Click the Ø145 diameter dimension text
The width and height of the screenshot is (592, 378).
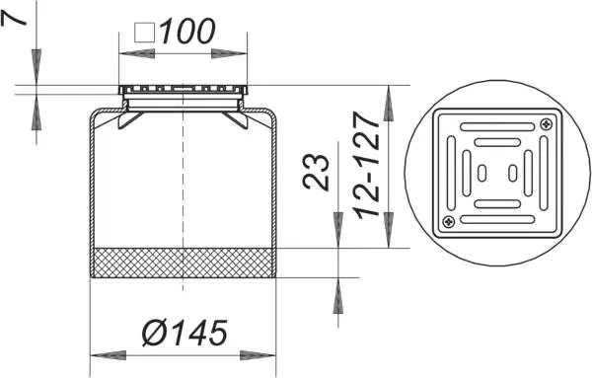(x=185, y=333)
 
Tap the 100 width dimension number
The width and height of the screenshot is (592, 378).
(x=187, y=31)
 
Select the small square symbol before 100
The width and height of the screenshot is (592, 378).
(x=145, y=33)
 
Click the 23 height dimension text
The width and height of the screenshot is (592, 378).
(x=316, y=171)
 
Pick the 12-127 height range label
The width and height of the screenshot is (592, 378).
(x=366, y=165)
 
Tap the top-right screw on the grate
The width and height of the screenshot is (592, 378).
(x=547, y=123)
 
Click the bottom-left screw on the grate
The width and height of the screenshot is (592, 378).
(x=449, y=222)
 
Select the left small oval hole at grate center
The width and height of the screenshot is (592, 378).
(x=482, y=173)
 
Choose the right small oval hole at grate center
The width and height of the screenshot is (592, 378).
(x=513, y=173)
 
